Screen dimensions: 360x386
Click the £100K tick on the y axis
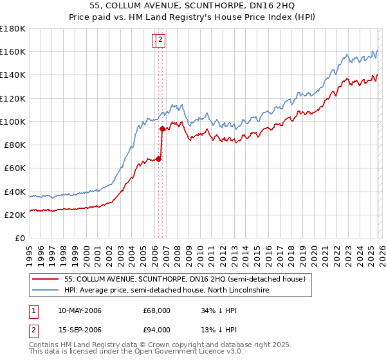click(13, 122)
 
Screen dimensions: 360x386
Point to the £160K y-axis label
click(13, 51)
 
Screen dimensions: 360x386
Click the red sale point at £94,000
click(162, 129)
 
